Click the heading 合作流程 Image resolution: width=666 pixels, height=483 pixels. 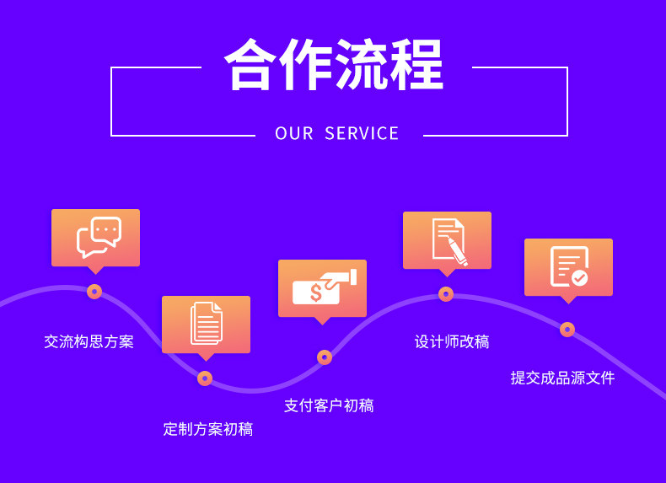click(333, 64)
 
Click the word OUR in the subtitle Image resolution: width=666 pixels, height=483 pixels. click(294, 133)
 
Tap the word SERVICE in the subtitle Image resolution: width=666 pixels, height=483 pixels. click(362, 133)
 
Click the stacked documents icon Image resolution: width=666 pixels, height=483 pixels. click(207, 323)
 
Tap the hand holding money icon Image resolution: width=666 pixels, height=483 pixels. click(324, 287)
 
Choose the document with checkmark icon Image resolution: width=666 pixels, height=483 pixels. click(568, 266)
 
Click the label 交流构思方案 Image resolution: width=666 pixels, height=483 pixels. click(89, 341)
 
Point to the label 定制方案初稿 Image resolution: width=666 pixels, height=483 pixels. click(207, 429)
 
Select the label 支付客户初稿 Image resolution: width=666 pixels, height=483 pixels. click(329, 405)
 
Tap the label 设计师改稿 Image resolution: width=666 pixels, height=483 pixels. click(452, 341)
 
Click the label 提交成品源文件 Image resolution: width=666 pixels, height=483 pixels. click(562, 378)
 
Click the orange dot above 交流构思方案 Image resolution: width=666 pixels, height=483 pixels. click(94, 292)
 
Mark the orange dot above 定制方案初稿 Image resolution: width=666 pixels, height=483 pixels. click(205, 378)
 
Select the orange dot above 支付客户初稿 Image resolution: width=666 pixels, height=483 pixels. click(325, 357)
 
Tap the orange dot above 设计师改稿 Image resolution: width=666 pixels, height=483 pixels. click(446, 294)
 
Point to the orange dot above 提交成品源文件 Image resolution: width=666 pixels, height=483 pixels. click(567, 330)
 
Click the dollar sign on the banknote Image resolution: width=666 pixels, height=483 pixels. click(315, 292)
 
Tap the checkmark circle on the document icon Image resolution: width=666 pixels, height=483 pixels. click(579, 277)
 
